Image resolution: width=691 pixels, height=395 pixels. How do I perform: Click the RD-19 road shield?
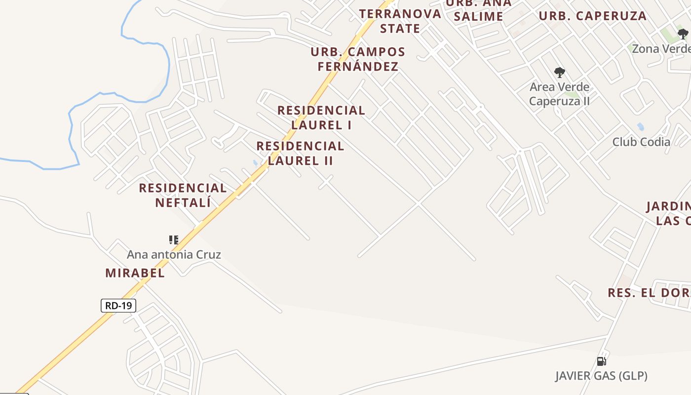[118, 306]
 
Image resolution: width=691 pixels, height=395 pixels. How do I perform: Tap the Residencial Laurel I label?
[321, 118]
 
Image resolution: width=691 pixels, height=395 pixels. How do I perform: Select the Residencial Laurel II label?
[300, 153]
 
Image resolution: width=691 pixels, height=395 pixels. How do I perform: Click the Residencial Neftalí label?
[183, 195]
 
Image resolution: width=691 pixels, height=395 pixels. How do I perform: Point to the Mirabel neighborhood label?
[135, 273]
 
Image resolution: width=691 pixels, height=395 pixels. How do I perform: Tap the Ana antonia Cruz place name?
[174, 255]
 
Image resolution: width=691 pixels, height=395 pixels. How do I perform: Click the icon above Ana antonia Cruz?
[173, 240]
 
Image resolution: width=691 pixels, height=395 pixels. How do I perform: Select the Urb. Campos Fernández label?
[358, 59]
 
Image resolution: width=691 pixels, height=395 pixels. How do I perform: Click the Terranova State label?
[400, 21]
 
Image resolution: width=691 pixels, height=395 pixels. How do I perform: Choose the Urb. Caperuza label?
[592, 16]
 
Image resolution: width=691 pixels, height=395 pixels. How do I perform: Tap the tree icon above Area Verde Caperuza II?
[559, 73]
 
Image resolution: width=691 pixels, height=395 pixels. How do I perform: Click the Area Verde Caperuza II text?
[559, 94]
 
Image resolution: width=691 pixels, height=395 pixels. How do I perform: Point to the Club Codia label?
[641, 142]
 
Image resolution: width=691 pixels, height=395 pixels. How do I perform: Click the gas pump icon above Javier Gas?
[601, 361]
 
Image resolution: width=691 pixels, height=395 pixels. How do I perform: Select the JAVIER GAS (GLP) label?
[601, 376]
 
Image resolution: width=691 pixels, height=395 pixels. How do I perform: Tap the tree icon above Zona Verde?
[683, 34]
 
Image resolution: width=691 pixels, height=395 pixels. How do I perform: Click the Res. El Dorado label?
[649, 292]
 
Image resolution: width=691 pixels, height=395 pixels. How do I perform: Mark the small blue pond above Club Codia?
[641, 126]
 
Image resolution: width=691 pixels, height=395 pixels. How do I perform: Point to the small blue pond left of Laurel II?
[255, 162]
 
